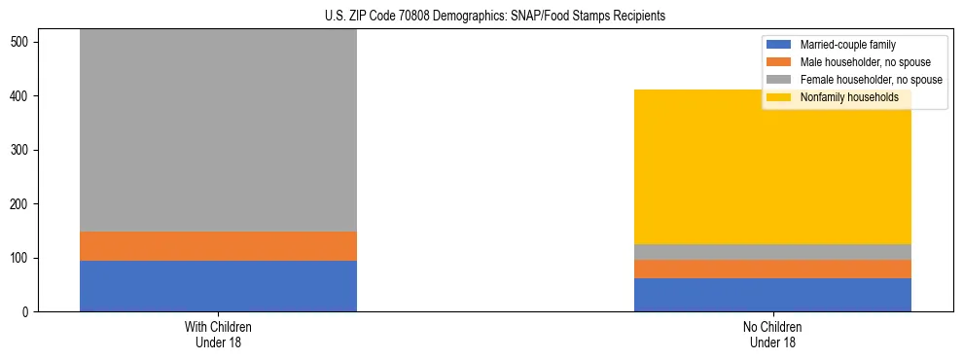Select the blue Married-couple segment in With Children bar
tap(218, 286)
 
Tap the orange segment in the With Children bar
tap(218, 246)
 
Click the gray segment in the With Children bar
tap(218, 131)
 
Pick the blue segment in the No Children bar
tap(772, 295)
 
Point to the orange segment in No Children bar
tap(772, 270)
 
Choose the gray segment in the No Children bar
tap(772, 252)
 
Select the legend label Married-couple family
tap(847, 45)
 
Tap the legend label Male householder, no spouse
tap(865, 62)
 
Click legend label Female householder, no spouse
tap(871, 80)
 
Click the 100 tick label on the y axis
tap(25, 258)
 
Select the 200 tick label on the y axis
tap(25, 204)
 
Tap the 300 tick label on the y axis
tap(25, 151)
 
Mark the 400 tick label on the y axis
tap(25, 96)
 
